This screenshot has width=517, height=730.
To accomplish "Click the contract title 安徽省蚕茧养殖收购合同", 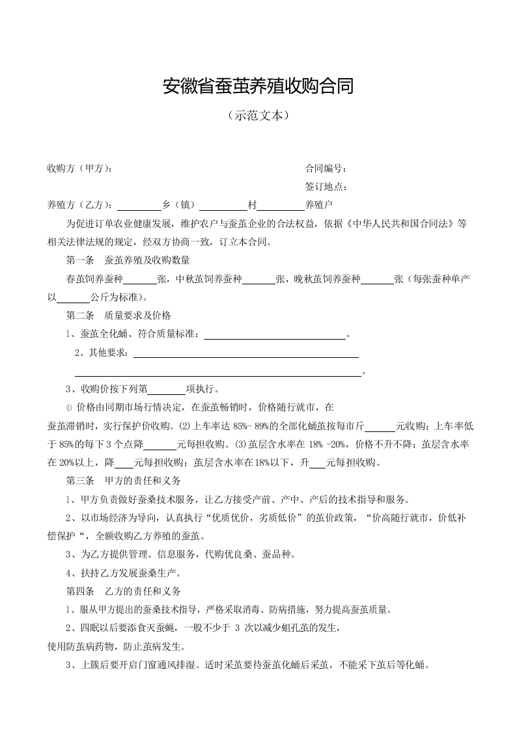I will tap(258, 86).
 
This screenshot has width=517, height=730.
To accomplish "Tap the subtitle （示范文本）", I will tap(258, 116).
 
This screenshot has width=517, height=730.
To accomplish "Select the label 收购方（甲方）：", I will tap(79, 169).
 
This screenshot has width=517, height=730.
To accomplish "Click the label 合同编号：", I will tap(326, 169).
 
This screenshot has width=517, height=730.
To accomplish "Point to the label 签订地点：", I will tap(326, 187).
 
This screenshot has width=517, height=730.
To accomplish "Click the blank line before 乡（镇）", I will tap(139, 206).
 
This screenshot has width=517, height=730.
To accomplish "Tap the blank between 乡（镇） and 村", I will tap(223, 206).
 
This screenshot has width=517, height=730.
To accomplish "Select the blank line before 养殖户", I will tap(281, 206).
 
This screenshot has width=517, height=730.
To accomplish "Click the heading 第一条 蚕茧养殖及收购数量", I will tap(128, 260).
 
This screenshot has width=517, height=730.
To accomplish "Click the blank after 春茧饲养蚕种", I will tap(139, 280).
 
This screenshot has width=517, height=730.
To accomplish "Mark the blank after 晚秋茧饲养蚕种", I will tap(377, 280).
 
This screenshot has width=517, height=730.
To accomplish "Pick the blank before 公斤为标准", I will tap(74, 298).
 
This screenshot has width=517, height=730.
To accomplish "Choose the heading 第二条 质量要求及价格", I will tap(119, 316).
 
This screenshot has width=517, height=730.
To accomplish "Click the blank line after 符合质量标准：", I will tap(275, 335).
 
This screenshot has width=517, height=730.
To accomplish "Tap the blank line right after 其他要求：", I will tap(245, 353).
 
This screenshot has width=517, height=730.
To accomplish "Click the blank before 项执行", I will tap(167, 390).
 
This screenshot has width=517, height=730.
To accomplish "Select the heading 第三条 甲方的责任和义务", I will tap(124, 481).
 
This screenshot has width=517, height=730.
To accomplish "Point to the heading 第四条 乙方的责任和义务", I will tap(124, 592).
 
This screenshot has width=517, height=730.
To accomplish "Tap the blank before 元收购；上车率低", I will tap(380, 427).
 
